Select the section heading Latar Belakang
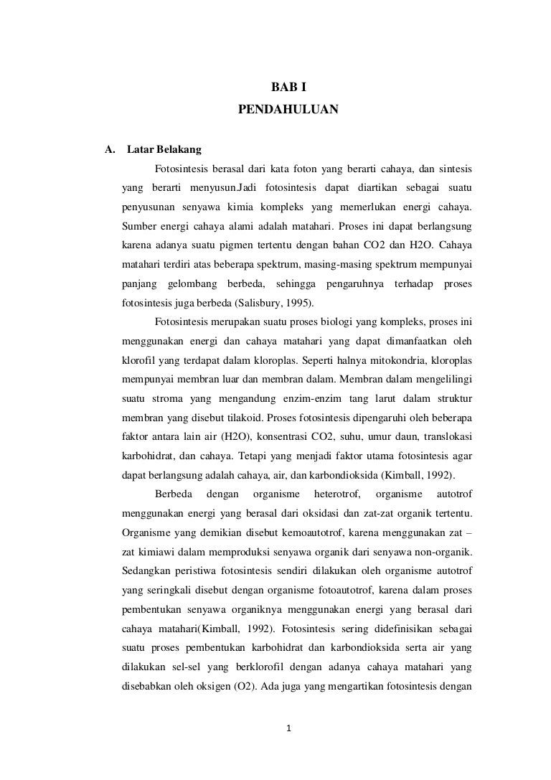164,151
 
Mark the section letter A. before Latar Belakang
110,151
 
